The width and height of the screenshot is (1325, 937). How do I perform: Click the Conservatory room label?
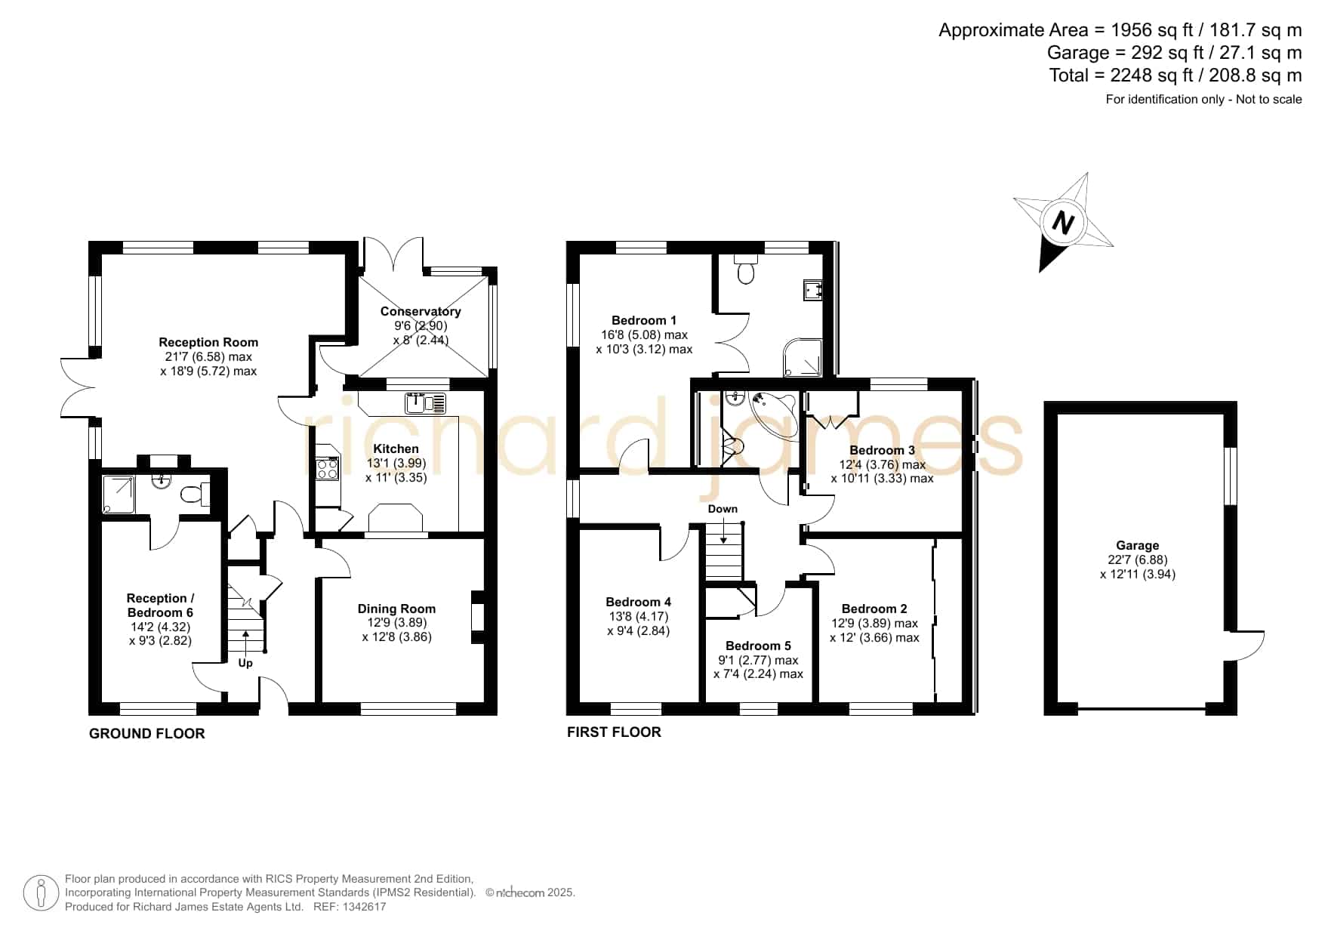pos(421,311)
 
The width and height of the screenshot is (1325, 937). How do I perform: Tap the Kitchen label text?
pos(396,448)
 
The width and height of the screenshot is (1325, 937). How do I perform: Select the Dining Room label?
pos(396,609)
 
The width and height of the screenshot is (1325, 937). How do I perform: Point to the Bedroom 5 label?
pos(758,646)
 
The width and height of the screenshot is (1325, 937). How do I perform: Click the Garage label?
pos(1137,545)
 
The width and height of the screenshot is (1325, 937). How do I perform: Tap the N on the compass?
pos(1063,223)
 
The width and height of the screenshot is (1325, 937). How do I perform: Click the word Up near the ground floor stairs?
pos(245,663)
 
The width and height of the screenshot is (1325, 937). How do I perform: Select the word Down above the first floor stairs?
pos(723,509)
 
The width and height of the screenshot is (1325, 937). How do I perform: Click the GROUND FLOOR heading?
pos(147,733)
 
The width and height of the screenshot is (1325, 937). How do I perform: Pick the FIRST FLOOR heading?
pos(614,732)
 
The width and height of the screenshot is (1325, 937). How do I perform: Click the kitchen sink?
pos(426,403)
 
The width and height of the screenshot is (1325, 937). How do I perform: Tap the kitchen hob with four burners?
pos(328,469)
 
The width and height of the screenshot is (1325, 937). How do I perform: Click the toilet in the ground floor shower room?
pos(194,495)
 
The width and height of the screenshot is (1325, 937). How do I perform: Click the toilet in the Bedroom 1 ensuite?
pos(745,269)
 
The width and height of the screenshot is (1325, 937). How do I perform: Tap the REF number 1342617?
pos(365,907)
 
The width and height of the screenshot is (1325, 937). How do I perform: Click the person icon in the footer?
pos(41,893)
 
